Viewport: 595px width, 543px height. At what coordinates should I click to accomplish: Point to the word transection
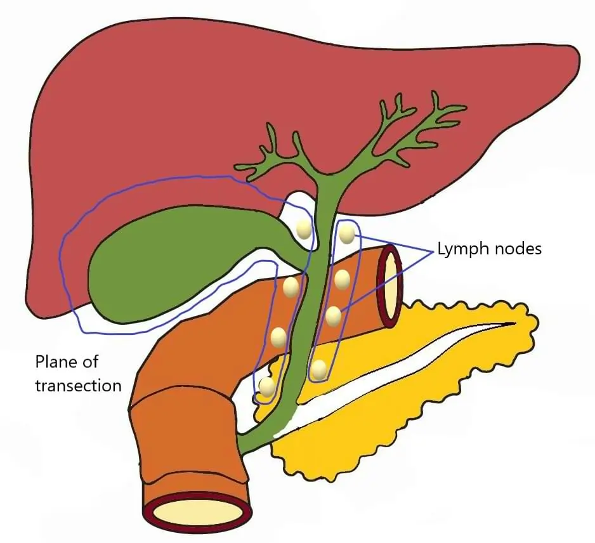[78, 384]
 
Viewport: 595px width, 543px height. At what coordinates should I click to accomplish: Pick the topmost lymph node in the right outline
[346, 234]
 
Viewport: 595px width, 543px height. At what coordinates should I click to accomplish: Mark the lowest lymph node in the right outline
[319, 369]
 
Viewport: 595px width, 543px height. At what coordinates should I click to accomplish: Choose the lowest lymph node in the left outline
[268, 386]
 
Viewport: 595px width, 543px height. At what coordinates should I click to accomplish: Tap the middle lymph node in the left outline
[278, 337]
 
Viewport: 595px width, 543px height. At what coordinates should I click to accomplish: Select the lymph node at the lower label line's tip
[334, 315]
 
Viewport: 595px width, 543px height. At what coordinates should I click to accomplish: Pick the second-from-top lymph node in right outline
[342, 279]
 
